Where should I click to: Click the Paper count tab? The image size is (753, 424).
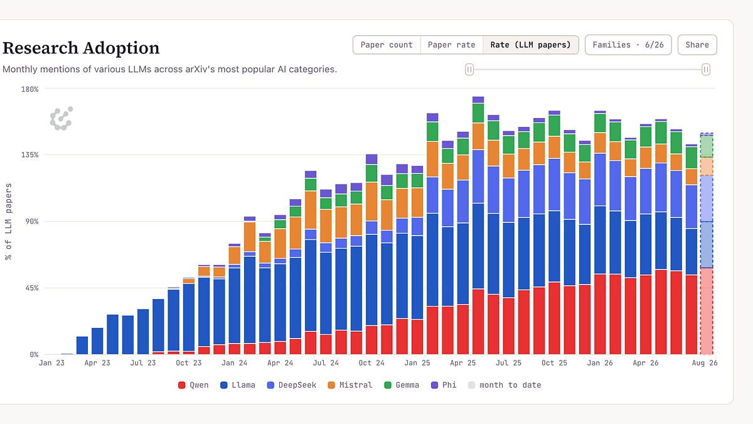[x=387, y=45]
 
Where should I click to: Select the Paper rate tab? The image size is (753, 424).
[x=451, y=45]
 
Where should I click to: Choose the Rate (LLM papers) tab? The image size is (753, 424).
[x=530, y=45]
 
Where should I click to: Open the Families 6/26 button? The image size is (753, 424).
[x=628, y=45]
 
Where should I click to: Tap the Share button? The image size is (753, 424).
[x=697, y=45]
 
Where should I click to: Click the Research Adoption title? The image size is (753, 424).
[x=81, y=48]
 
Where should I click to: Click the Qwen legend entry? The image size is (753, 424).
[x=193, y=385]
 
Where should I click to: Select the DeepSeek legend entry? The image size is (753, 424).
[x=291, y=385]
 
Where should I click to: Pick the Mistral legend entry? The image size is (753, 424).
[x=350, y=385]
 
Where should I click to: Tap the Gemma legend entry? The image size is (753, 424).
[x=402, y=385]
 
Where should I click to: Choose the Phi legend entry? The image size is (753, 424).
[x=444, y=385]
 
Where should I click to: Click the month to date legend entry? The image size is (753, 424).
[x=505, y=385]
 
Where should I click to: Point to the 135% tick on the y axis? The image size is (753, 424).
[x=30, y=155]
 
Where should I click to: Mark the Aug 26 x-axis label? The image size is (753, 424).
[x=705, y=363]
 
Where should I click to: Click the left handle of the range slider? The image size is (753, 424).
[x=469, y=70]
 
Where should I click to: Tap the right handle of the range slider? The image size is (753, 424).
[x=706, y=70]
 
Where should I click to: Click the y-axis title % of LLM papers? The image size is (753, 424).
[x=8, y=221]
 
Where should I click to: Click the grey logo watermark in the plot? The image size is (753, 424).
[x=61, y=119]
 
